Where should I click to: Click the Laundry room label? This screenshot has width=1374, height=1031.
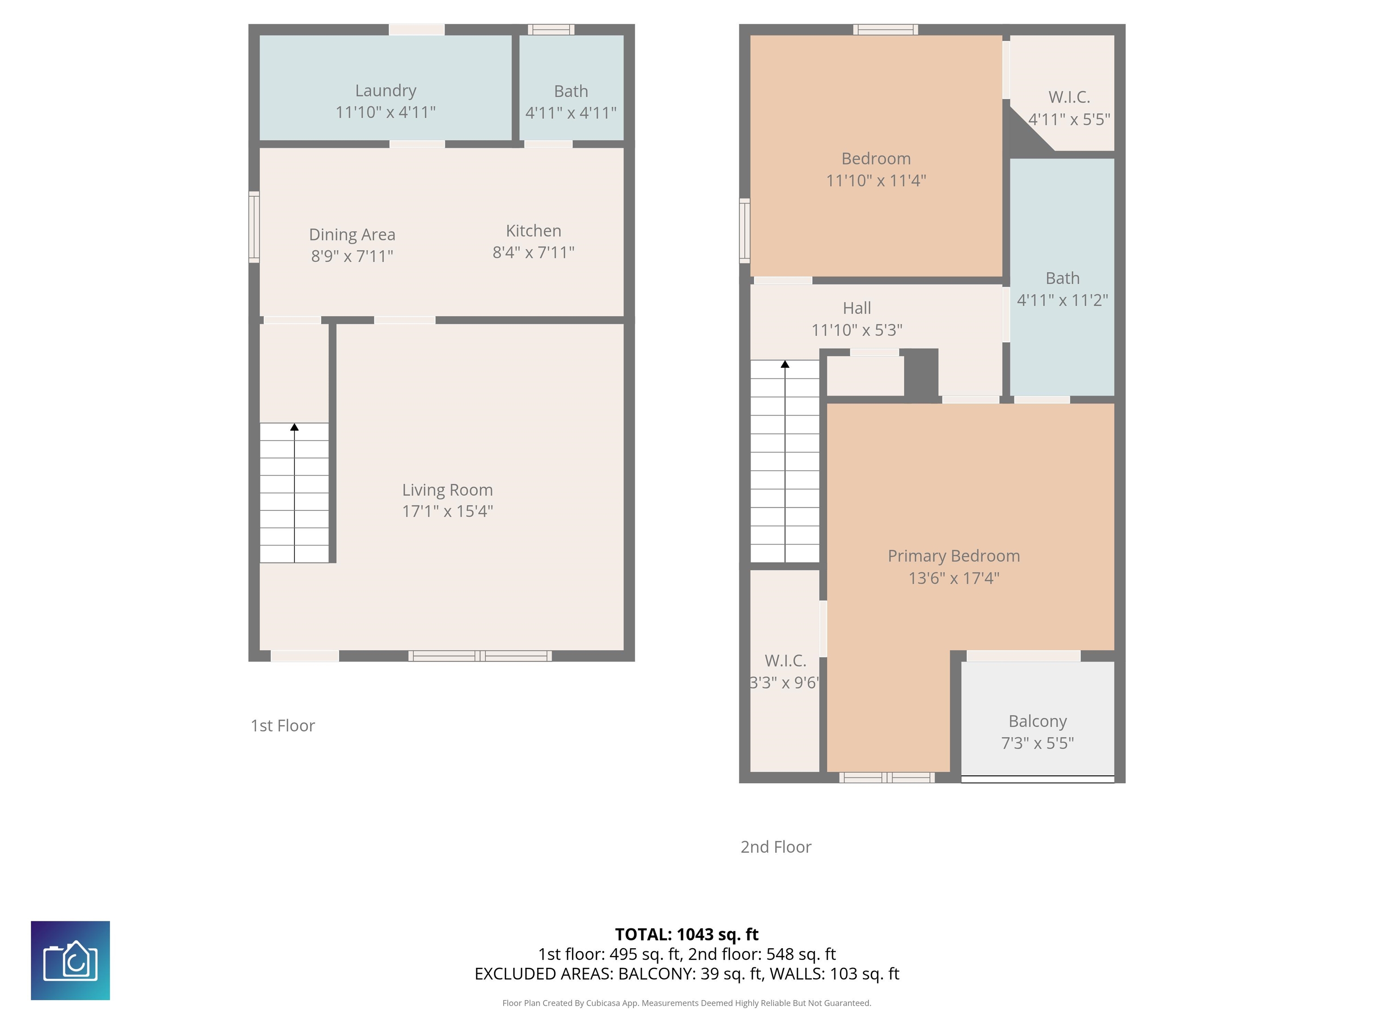[x=385, y=91]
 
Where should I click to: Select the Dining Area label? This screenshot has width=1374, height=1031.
[x=352, y=234]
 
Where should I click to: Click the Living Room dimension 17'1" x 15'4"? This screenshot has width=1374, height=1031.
[x=447, y=511]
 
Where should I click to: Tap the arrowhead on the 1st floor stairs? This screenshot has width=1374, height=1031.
[x=294, y=427]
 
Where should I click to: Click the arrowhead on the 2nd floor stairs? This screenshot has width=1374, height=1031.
[x=785, y=364]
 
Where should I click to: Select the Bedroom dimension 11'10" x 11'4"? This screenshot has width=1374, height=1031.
[x=876, y=181]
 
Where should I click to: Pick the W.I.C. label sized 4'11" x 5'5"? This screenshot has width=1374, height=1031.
[x=1069, y=97]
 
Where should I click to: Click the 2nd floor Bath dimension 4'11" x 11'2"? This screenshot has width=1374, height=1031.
[x=1062, y=300]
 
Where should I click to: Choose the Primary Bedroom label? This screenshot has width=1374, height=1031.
[x=954, y=556]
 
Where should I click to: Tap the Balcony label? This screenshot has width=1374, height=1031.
[x=1037, y=721]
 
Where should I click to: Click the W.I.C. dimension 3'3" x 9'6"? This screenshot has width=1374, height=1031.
[x=785, y=683]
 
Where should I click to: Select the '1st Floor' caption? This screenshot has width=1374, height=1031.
[x=283, y=726]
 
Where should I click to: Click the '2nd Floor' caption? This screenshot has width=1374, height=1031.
[x=776, y=847]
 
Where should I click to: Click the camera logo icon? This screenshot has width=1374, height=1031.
[x=70, y=960]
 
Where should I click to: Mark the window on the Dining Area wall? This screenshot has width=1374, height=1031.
[x=254, y=227]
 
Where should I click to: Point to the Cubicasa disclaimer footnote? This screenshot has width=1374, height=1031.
[x=687, y=1003]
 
